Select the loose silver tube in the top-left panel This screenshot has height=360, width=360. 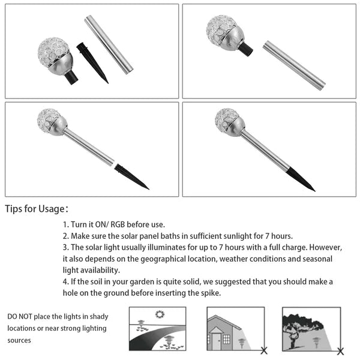tap(108, 45)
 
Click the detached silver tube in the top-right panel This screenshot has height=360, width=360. tap(294, 65)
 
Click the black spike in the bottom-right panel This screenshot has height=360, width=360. tap(300, 179)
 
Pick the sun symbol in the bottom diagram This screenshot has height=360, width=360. tap(160, 314)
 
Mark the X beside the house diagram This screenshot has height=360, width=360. tap(264, 350)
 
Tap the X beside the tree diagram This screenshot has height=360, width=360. tap(340, 351)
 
